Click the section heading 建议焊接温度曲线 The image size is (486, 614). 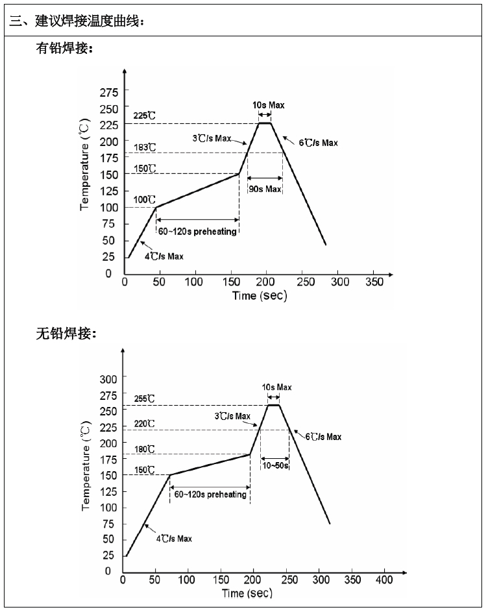click(x=78, y=21)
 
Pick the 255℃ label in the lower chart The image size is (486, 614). click(x=144, y=399)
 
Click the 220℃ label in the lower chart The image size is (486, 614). click(x=144, y=423)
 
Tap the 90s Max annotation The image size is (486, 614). click(x=265, y=189)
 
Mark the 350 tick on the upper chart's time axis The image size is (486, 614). click(x=374, y=282)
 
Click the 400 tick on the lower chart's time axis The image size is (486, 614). click(x=384, y=579)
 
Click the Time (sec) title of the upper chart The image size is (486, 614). click(x=260, y=296)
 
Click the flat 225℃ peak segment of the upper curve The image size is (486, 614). click(x=265, y=123)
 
